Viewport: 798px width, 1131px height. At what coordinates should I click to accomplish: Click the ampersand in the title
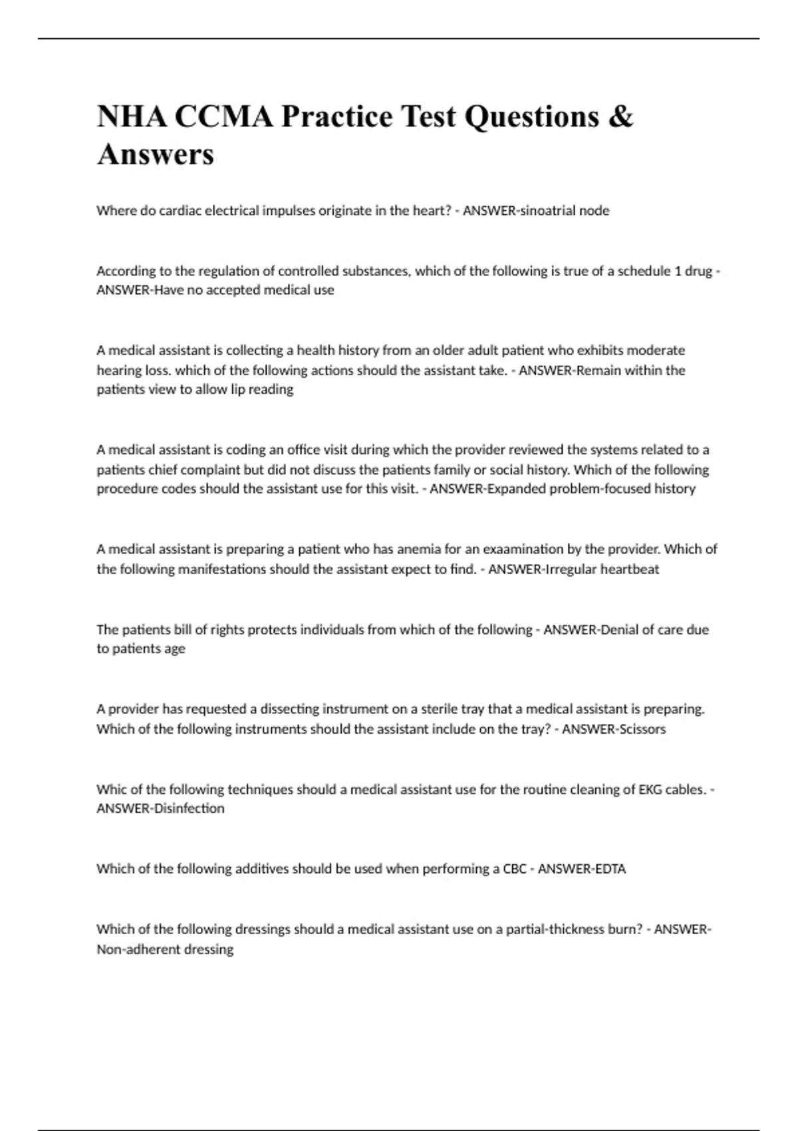click(620, 117)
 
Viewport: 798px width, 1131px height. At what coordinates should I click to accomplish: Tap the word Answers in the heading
click(156, 154)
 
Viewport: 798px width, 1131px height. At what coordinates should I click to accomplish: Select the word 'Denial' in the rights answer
click(620, 629)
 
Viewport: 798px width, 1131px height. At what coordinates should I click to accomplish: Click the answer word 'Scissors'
click(642, 729)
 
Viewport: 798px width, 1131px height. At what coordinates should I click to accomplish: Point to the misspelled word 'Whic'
click(110, 790)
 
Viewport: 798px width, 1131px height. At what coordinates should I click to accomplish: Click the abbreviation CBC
click(515, 869)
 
